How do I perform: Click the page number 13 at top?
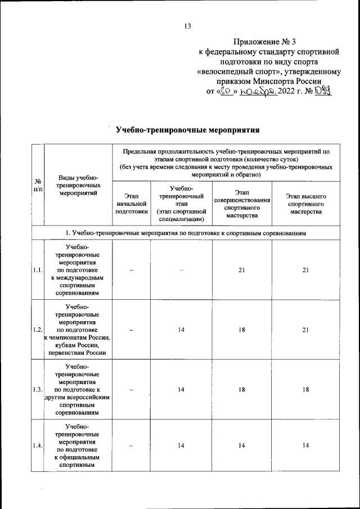pyautogui.click(x=188, y=26)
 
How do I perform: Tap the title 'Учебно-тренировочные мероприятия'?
pyautogui.click(x=187, y=130)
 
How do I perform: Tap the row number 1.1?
pyautogui.click(x=38, y=271)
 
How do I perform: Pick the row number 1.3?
pyautogui.click(x=38, y=389)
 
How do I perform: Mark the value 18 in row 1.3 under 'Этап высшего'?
pyautogui.click(x=306, y=389)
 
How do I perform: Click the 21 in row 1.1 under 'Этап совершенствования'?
pyautogui.click(x=241, y=271)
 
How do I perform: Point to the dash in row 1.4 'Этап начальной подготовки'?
pyautogui.click(x=131, y=446)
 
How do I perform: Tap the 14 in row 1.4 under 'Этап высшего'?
pyautogui.click(x=306, y=446)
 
